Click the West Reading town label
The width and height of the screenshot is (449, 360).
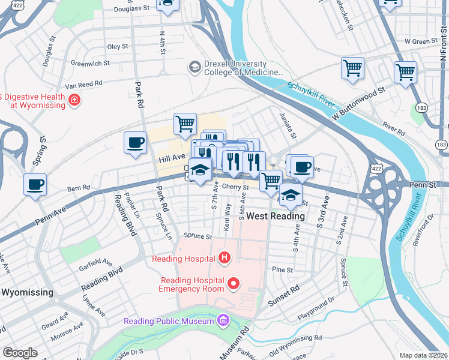(x=276, y=216)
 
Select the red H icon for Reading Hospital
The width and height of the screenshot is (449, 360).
(x=224, y=259)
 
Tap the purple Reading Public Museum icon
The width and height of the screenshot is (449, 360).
(x=224, y=320)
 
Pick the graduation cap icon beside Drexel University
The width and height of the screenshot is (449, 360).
(x=194, y=67)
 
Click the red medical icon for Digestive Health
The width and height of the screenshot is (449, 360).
(x=74, y=100)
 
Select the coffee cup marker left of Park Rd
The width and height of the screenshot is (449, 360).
(x=135, y=143)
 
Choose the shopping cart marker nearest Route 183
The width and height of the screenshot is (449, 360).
(x=406, y=73)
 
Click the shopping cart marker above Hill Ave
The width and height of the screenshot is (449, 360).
(x=185, y=124)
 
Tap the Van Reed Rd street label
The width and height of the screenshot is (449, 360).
(x=83, y=85)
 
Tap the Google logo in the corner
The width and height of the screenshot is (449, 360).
(x=20, y=352)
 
